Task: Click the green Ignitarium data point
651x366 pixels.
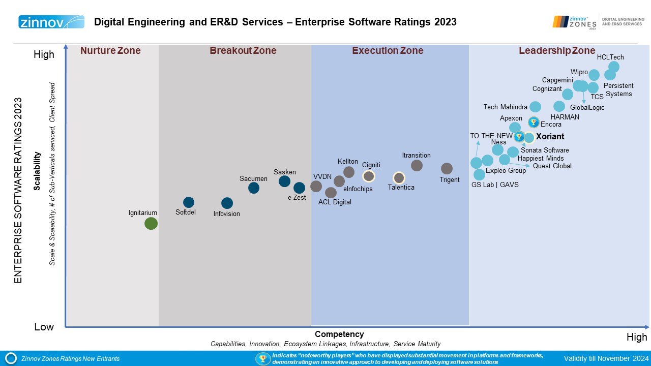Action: click(x=151, y=223)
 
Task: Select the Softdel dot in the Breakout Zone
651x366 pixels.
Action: click(x=189, y=202)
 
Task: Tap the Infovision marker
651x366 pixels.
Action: click(x=227, y=203)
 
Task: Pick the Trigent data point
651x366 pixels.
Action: click(x=447, y=168)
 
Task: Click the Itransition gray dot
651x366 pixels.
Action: click(x=417, y=165)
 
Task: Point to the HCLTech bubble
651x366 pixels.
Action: click(x=614, y=67)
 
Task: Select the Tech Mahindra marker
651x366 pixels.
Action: click(x=535, y=107)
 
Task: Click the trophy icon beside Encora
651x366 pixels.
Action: click(x=533, y=122)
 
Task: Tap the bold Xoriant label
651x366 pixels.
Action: click(x=550, y=137)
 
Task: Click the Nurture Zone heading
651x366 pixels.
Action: click(x=110, y=50)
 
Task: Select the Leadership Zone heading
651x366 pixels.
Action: click(x=556, y=50)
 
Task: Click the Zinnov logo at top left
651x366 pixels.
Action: click(x=51, y=22)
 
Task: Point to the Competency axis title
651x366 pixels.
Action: click(x=339, y=334)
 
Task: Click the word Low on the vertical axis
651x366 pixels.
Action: click(x=44, y=327)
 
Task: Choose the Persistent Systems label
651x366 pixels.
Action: click(x=618, y=89)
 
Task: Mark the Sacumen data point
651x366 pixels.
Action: click(x=254, y=188)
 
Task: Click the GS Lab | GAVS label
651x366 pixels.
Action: click(x=495, y=185)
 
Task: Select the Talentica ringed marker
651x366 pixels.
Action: click(x=399, y=178)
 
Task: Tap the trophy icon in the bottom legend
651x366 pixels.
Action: click(x=262, y=358)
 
